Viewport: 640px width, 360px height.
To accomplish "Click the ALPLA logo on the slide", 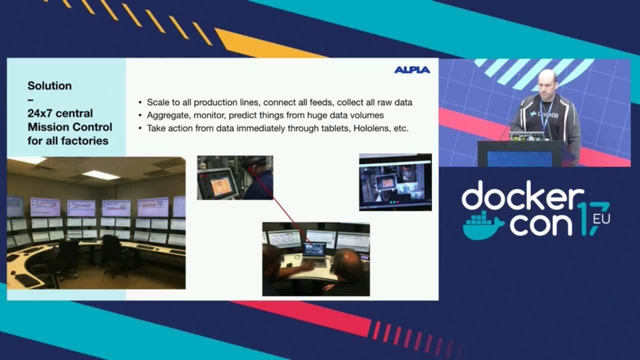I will click(412, 70).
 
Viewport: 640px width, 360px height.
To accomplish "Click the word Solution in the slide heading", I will click(49, 85).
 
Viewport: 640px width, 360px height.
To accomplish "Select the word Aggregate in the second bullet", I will click(167, 115).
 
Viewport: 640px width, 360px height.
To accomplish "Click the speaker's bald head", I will click(547, 78).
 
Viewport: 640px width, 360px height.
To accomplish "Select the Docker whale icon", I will click(482, 225).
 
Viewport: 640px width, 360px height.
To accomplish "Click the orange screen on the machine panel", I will click(220, 186).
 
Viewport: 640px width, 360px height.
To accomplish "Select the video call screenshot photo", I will click(395, 182).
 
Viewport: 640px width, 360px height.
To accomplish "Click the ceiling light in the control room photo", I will click(100, 175).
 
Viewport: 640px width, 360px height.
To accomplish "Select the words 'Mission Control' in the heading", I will click(70, 127).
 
